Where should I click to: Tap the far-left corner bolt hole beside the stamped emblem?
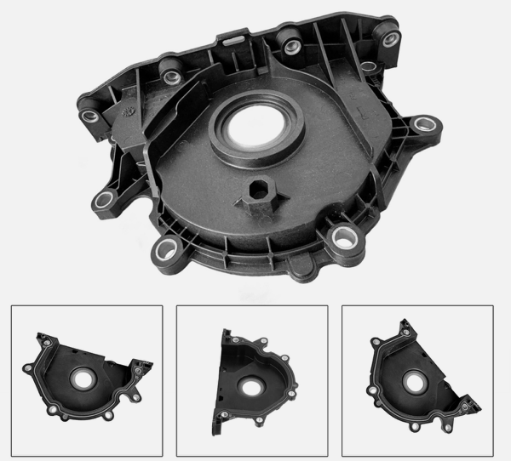coord(89,116)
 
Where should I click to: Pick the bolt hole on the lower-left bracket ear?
coord(105,201)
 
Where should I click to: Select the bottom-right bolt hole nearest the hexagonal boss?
coord(345,237)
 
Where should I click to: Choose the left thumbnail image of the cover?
coord(86,380)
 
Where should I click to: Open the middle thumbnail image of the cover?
coord(251,380)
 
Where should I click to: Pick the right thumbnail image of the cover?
coord(416,380)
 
